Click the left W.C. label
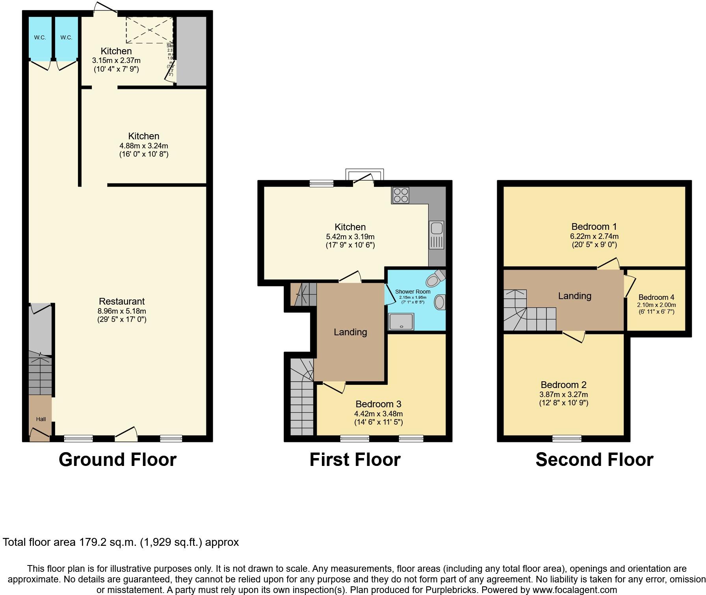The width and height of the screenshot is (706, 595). coord(40,38)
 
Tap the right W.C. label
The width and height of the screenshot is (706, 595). coord(66,38)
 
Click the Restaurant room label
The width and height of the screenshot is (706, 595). coord(122,301)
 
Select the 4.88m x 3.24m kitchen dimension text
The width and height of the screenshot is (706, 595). coord(144,146)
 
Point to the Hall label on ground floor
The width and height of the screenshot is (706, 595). coord(41,419)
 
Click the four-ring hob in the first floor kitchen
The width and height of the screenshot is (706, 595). coord(401,195)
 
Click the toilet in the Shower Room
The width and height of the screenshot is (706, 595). coord(435,279)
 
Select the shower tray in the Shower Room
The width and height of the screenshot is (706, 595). coord(401,322)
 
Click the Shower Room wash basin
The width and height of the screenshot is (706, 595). coord(440,303)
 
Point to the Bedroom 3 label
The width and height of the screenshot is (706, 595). coord(378,404)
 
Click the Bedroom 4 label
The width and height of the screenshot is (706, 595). coord(656,297)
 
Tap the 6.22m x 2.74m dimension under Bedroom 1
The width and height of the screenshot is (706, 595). coord(594,237)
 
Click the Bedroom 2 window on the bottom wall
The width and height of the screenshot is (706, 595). coord(567,438)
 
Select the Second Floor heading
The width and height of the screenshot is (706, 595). coord(594,460)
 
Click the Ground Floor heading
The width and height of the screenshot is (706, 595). coord(117,460)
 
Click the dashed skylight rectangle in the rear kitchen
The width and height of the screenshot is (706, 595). coord(149,30)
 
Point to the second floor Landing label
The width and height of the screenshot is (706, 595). coord(575,296)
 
